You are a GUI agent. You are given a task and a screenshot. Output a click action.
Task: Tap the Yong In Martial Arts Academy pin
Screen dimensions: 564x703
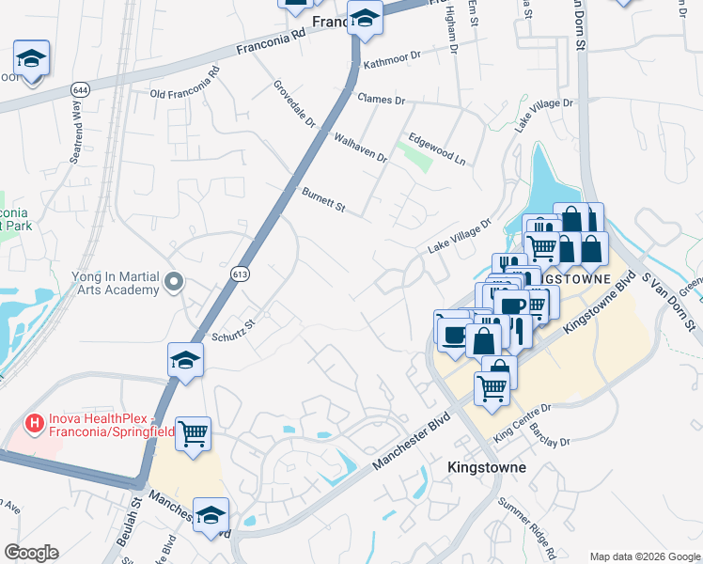click(x=173, y=281)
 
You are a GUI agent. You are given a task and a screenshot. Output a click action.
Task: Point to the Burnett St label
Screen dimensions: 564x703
click(x=324, y=199)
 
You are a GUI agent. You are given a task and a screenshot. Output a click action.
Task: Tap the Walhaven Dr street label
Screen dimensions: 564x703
click(x=360, y=149)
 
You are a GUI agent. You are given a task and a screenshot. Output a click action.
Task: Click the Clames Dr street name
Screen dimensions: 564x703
click(x=381, y=99)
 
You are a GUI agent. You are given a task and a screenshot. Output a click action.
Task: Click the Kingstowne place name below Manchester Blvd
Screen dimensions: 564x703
click(x=486, y=467)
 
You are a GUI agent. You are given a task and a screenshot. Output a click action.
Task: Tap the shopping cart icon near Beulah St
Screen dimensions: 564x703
click(x=194, y=433)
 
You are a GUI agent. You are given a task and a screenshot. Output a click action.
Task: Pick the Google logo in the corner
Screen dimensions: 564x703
click(x=31, y=553)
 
